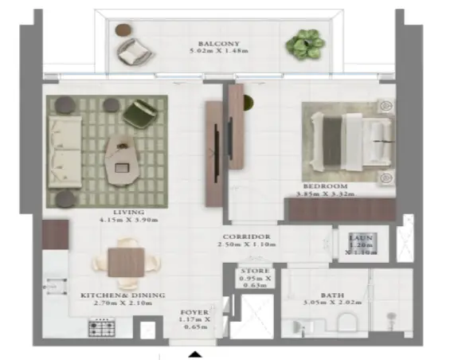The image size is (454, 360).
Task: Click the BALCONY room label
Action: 217,44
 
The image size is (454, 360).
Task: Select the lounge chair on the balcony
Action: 131,53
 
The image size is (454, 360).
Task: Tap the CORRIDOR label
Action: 247,237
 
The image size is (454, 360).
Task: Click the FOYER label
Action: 194,312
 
